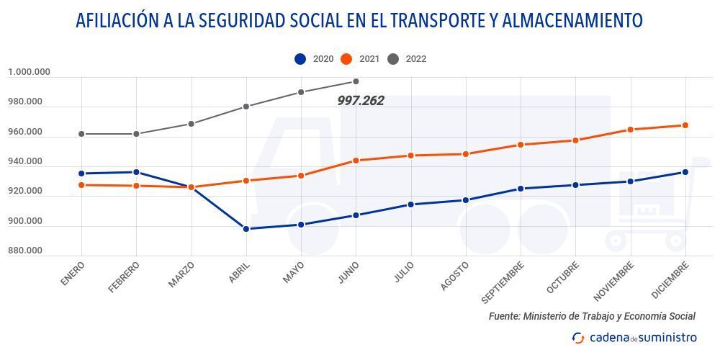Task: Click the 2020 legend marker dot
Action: tap(300, 59)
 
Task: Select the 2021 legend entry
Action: tap(360, 59)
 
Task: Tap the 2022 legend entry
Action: tap(407, 59)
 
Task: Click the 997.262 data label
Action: tap(361, 102)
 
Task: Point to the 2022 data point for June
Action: tap(356, 81)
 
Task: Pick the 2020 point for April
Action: tap(246, 229)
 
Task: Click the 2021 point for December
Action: tap(685, 125)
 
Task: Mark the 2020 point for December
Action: tap(685, 172)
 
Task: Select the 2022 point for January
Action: tap(81, 134)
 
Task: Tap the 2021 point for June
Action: tap(356, 161)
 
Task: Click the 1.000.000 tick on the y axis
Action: tap(29, 72)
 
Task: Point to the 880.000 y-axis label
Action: tap(24, 251)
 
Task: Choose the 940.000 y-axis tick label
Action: tap(24, 162)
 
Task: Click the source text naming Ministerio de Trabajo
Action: tap(592, 316)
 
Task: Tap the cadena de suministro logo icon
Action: tap(578, 338)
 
